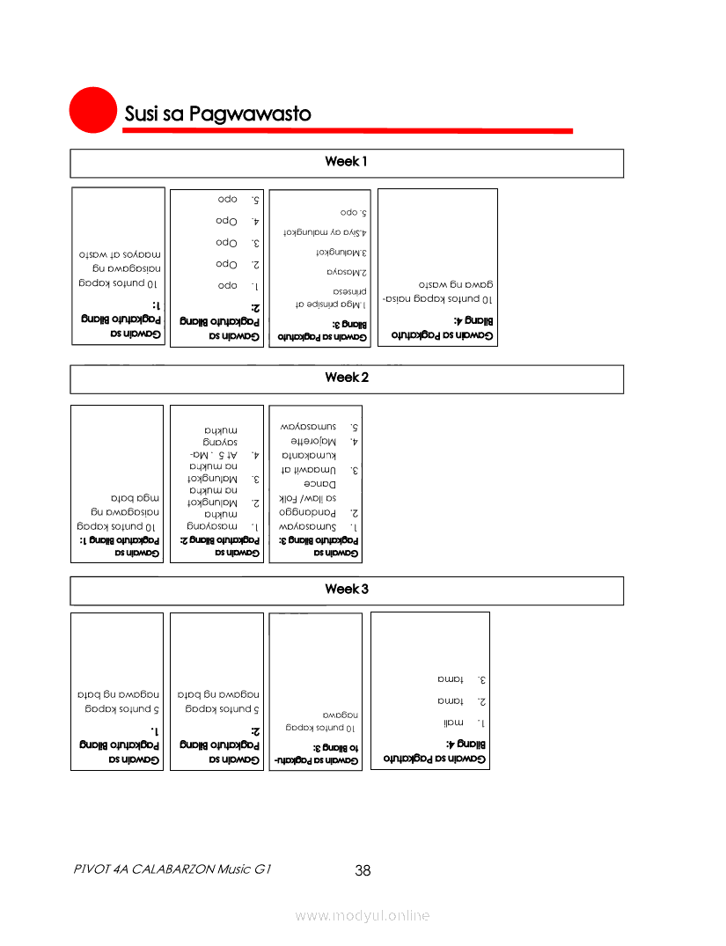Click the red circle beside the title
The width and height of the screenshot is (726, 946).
point(93,110)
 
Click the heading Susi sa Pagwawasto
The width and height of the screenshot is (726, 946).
point(217,114)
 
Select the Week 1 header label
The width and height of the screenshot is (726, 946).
point(346,162)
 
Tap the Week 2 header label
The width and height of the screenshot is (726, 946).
point(346,378)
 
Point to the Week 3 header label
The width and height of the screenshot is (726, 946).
point(346,589)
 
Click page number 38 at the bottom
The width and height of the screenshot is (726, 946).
point(363,871)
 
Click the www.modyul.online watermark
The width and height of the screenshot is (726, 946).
point(363,916)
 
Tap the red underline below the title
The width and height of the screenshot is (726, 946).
point(348,131)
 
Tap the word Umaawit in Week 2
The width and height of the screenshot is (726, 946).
point(315,470)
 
